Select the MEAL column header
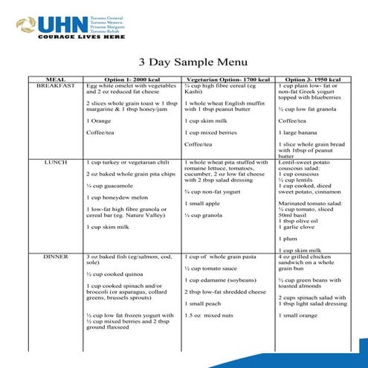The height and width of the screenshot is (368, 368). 56,79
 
